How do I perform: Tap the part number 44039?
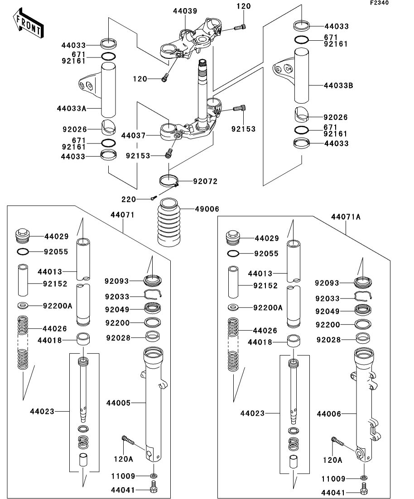[185, 11]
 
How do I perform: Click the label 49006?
[207, 209]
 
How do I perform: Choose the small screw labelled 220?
[154, 197]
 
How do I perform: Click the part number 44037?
[134, 135]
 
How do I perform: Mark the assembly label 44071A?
[346, 217]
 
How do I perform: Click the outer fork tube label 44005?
[118, 402]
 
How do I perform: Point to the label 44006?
[329, 413]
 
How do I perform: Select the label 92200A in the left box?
[58, 305]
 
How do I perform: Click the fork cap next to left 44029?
[23, 235]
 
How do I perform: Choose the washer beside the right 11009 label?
[364, 478]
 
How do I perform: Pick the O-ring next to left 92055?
[23, 251]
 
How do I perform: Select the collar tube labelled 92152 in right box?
[233, 282]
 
